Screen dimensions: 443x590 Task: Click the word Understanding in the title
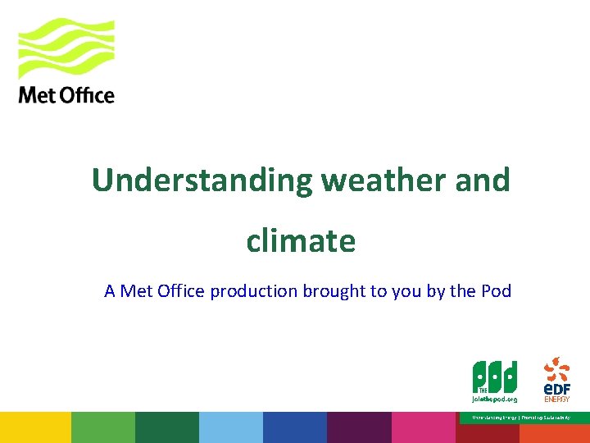point(202,180)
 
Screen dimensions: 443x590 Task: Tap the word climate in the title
point(301,241)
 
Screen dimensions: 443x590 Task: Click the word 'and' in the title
point(483,180)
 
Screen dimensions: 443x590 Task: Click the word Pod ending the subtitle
point(496,290)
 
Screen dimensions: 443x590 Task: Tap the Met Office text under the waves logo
point(66,95)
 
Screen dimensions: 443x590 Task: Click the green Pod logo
point(494,377)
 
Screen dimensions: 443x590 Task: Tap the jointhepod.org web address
point(494,400)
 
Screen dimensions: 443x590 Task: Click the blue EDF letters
point(556,386)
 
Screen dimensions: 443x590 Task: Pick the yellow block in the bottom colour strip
point(35,427)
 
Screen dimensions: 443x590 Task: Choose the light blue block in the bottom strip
point(230,427)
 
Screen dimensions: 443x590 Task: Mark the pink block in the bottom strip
point(423,427)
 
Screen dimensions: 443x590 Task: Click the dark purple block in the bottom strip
point(359,427)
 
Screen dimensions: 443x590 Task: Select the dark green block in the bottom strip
point(166,427)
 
